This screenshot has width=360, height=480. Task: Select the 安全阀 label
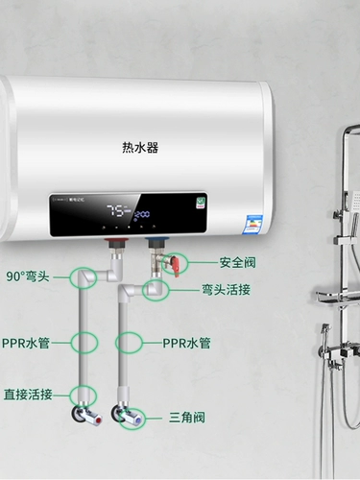click(x=240, y=262)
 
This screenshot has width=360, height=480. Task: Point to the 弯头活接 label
click(x=226, y=288)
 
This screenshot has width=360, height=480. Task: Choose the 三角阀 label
click(x=188, y=418)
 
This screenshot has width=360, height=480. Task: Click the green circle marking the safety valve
click(x=176, y=262)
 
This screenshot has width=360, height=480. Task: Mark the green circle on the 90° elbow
click(x=81, y=276)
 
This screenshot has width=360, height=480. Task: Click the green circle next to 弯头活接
click(x=154, y=289)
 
